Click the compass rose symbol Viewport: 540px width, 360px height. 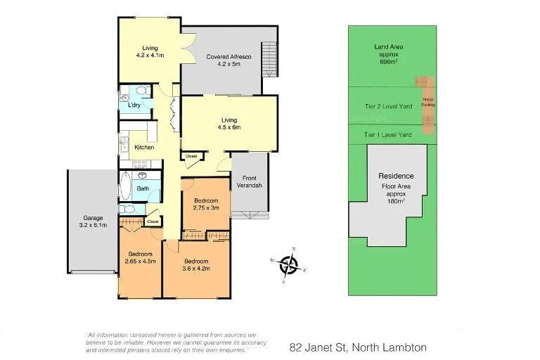point(289,265)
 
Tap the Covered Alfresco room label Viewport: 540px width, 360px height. point(224,60)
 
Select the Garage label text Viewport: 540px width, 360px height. point(92,221)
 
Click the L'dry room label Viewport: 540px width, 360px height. point(134,105)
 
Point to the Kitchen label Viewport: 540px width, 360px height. point(144,147)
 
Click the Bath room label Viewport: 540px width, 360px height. point(143,188)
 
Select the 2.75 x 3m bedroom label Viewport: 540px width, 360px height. point(206,204)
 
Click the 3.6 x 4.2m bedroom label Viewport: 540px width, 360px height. point(195,264)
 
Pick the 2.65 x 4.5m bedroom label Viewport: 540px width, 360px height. point(141,257)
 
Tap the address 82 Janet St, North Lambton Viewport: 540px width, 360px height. point(358,347)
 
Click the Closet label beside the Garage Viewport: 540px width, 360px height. point(153,221)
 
